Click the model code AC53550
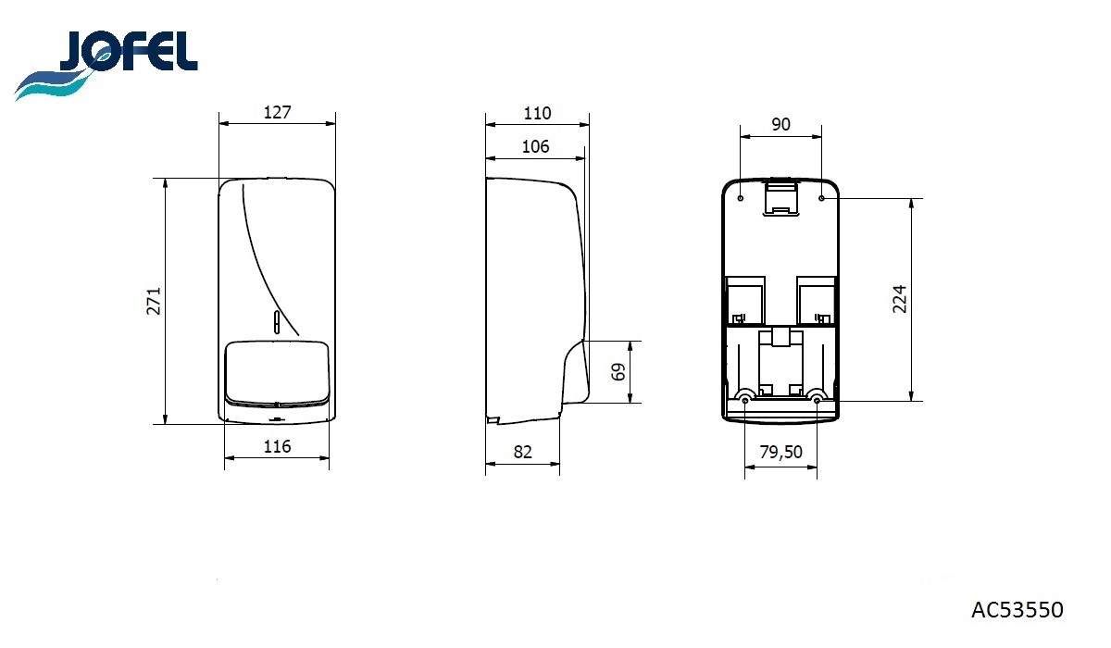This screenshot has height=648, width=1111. (1017, 610)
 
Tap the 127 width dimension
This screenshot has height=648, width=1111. (277, 113)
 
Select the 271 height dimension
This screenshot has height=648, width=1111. (154, 301)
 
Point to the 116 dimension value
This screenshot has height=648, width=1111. (277, 447)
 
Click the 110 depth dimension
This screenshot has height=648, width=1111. (537, 114)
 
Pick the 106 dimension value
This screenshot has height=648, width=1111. (536, 147)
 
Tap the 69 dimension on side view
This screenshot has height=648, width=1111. (618, 372)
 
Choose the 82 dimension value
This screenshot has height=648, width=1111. (523, 452)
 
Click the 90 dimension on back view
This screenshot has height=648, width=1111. (780, 124)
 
